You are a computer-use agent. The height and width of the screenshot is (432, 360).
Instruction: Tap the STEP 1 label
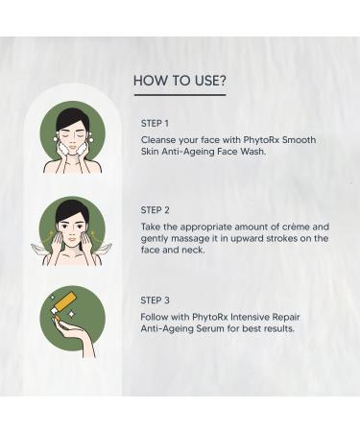point(155,123)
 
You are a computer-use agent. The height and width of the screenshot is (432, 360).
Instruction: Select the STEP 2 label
point(155,209)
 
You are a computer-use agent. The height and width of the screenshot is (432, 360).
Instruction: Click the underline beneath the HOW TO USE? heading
point(180,95)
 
